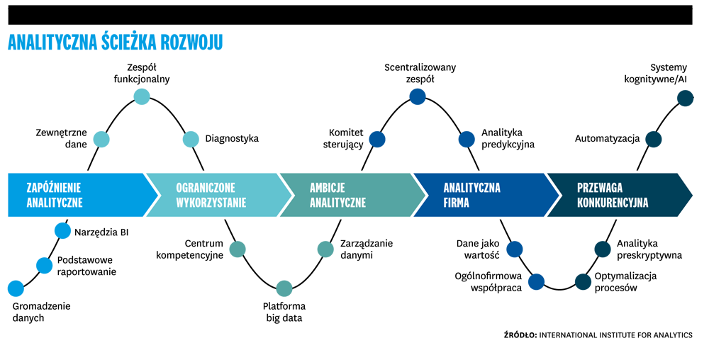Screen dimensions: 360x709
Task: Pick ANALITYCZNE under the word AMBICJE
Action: pyautogui.click(x=337, y=202)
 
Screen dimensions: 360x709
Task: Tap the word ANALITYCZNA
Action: pyautogui.click(x=471, y=188)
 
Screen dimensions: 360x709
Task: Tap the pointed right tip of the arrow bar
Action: pyautogui.click(x=691, y=195)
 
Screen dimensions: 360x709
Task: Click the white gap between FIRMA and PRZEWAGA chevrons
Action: pyautogui.click(x=554, y=195)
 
